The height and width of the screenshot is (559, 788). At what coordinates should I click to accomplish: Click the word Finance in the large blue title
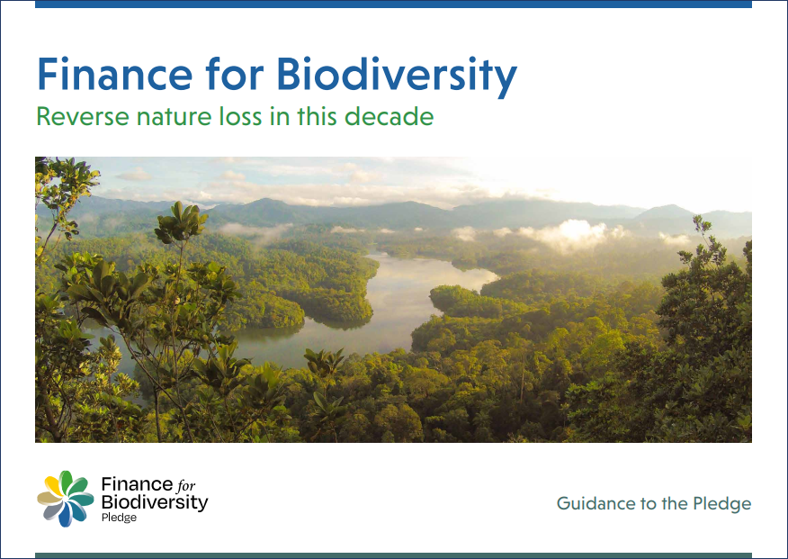click(114, 74)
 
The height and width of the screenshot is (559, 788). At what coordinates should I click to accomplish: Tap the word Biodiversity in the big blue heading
click(397, 77)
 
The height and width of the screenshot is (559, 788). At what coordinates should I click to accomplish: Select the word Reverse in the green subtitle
click(83, 116)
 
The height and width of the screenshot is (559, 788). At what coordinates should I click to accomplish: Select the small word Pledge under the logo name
click(119, 518)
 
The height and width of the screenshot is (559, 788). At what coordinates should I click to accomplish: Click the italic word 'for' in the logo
click(185, 485)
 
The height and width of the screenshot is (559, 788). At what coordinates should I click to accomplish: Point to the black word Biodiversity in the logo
click(155, 502)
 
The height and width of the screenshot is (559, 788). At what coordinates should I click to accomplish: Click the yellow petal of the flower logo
click(53, 485)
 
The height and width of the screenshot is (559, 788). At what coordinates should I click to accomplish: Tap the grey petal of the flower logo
click(52, 511)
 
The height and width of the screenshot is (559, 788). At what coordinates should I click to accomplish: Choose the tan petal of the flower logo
click(49, 498)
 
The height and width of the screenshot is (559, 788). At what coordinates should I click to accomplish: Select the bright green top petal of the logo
click(66, 481)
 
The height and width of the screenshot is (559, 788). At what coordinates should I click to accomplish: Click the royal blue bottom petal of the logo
click(65, 515)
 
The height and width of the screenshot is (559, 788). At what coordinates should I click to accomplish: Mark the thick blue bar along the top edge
click(393, 4)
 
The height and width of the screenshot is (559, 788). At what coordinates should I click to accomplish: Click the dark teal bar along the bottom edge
click(393, 556)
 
